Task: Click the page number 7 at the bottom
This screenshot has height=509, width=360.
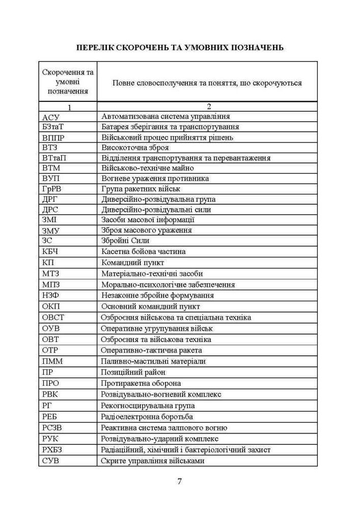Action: (179, 482)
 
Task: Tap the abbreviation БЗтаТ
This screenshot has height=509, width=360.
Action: (54, 127)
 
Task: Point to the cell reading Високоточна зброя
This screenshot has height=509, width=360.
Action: (134, 148)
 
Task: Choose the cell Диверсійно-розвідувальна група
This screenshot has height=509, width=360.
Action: (158, 199)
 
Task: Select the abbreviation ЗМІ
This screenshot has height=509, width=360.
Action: (51, 220)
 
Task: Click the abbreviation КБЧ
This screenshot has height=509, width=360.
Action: (51, 251)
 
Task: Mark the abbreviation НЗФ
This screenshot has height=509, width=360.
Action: (51, 295)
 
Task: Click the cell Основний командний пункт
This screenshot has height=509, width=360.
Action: (150, 306)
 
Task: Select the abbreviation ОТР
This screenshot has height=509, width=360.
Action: (51, 350)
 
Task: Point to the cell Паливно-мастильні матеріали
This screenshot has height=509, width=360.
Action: (153, 361)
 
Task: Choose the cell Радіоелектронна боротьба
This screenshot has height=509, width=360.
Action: (147, 416)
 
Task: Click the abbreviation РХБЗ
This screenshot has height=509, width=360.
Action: (53, 449)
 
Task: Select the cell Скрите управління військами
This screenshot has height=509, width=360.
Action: (153, 461)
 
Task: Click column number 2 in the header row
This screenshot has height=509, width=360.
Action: (208, 107)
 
